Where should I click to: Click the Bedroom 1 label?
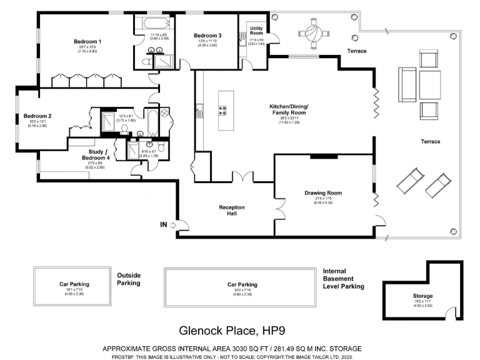87,41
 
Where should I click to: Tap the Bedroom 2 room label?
37,116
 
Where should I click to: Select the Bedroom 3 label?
207,35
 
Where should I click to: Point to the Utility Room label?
256,31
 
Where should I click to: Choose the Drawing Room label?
324,192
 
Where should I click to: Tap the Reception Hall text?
231,211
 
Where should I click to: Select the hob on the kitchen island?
222,110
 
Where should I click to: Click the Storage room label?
418,296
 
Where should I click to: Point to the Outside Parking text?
129,279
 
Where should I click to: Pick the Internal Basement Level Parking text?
343,279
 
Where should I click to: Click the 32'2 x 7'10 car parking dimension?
243,290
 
